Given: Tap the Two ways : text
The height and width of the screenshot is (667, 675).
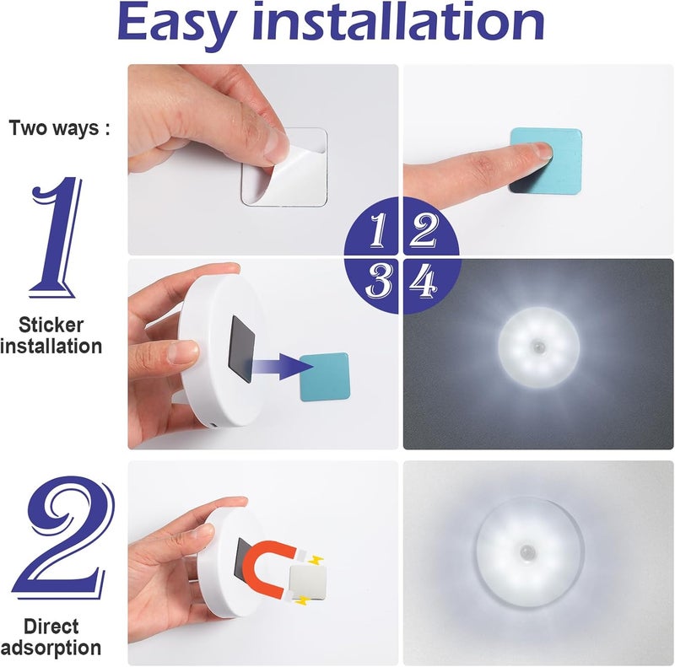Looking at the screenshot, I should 59,129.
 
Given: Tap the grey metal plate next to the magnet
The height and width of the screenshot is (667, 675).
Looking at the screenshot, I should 305,580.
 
